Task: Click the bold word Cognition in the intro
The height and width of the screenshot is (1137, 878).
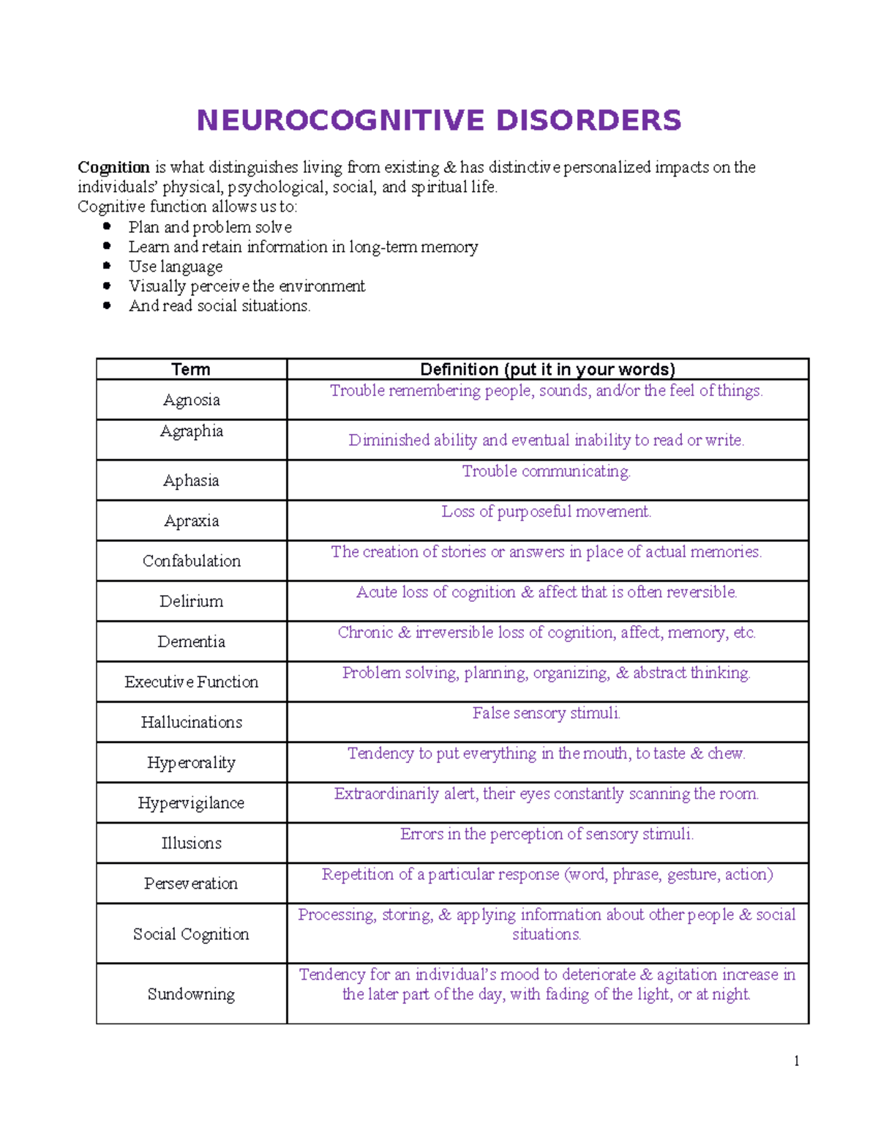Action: pos(113,168)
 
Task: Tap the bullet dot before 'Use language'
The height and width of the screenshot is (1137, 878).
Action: pos(107,266)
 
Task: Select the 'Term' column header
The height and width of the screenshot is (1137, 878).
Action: pos(191,369)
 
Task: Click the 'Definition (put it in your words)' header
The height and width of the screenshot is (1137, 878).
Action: pos(547,369)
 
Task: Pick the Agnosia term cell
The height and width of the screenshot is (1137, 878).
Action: pos(191,400)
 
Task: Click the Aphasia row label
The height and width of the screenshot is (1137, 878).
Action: pos(191,480)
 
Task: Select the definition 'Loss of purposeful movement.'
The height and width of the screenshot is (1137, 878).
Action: pos(546,512)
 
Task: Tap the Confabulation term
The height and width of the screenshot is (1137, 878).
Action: pos(191,561)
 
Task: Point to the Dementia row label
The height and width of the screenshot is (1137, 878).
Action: pos(191,641)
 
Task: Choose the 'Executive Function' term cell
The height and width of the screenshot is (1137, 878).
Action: pos(191,682)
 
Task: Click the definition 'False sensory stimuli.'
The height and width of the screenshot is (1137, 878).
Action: pos(546,713)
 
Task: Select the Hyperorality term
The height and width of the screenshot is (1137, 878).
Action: pos(191,763)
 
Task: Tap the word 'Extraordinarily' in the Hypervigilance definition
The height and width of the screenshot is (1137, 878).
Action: pos(386,794)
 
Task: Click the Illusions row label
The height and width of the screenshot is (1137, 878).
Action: pos(191,843)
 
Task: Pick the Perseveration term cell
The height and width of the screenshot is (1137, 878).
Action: pos(191,884)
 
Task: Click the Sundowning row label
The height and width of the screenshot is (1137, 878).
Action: pos(191,994)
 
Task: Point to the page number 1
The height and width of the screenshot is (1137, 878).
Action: pos(796,1061)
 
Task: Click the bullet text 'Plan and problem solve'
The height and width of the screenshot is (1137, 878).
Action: pos(210,227)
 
